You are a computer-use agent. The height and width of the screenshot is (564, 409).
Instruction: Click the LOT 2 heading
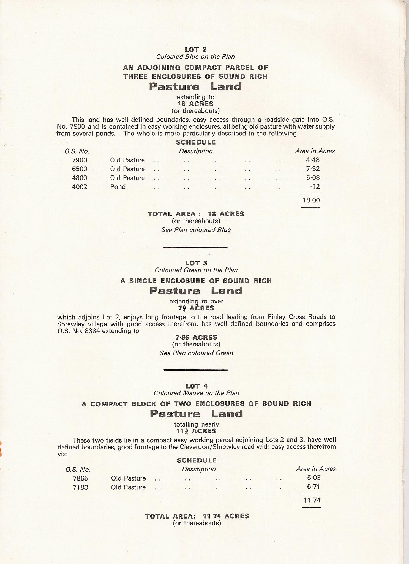click(x=196, y=50)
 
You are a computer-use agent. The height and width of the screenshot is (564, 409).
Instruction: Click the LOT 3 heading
click(x=196, y=263)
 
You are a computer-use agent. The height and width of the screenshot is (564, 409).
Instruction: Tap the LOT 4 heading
click(x=197, y=386)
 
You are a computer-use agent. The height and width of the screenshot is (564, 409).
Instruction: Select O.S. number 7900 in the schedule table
click(x=80, y=160)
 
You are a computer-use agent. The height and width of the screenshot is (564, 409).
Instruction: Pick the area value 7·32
click(x=313, y=169)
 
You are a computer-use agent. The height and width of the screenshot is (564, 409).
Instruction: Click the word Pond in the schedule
click(x=118, y=187)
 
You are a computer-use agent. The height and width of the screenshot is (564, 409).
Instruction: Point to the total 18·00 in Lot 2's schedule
click(x=311, y=200)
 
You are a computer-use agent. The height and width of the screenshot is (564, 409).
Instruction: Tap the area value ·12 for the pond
click(x=315, y=187)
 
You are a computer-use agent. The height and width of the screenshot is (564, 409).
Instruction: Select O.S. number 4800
click(x=80, y=178)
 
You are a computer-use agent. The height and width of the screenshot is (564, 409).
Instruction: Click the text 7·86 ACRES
click(x=196, y=337)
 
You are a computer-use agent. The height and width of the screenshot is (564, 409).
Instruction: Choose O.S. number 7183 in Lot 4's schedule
click(x=81, y=487)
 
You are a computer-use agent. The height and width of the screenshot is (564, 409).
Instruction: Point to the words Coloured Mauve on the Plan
click(x=197, y=393)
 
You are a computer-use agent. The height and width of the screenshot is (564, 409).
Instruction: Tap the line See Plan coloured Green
click(x=196, y=353)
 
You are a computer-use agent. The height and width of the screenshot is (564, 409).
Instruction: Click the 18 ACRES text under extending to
click(x=195, y=104)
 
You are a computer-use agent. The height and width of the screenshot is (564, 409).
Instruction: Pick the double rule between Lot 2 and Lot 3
click(x=195, y=246)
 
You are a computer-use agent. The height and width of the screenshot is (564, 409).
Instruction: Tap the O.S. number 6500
click(x=80, y=169)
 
